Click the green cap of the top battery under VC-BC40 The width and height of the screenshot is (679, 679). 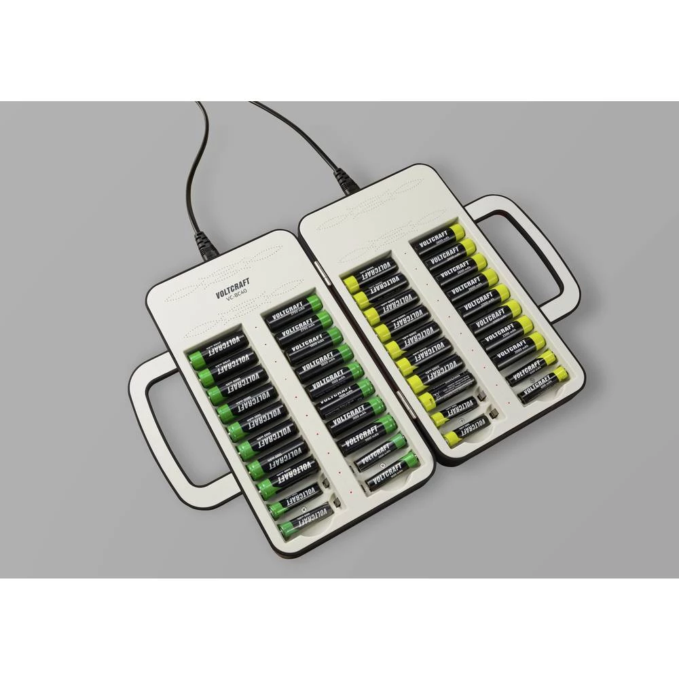pyautogui.click(x=313, y=303)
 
